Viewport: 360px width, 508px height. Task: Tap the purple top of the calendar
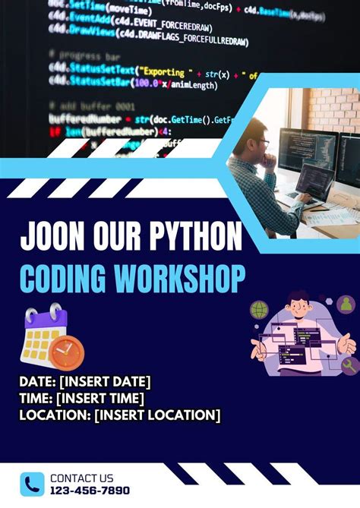[x=46, y=319]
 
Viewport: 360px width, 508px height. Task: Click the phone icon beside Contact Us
[x=33, y=483]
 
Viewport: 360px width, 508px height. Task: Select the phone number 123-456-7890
[x=90, y=491]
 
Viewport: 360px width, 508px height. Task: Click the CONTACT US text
[x=82, y=478]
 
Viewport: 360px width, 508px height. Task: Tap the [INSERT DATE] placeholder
[x=104, y=381]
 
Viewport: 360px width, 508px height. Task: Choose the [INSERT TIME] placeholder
[x=100, y=398]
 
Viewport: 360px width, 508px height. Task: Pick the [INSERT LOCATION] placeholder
[x=157, y=415]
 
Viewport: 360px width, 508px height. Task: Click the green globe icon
[x=260, y=311]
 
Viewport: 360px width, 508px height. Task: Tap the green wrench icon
[x=349, y=365]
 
